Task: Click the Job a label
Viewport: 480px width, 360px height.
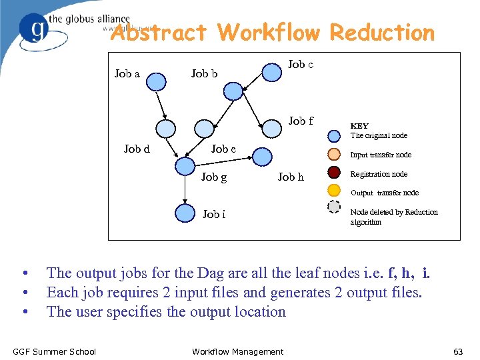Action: pyautogui.click(x=127, y=73)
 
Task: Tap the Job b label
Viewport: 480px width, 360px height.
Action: pyautogui.click(x=204, y=73)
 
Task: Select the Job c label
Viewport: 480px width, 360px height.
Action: pyautogui.click(x=301, y=64)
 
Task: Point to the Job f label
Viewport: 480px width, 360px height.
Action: pyautogui.click(x=301, y=121)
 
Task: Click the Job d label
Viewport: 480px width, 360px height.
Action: pyautogui.click(x=137, y=149)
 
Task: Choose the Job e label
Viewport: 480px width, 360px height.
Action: pyautogui.click(x=223, y=149)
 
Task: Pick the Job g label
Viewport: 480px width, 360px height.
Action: pyautogui.click(x=214, y=177)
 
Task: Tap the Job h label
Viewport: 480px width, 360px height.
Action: pyautogui.click(x=291, y=177)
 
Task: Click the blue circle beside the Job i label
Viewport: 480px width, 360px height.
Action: pyautogui.click(x=185, y=213)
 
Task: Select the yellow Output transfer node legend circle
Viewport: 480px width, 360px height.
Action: pyautogui.click(x=335, y=189)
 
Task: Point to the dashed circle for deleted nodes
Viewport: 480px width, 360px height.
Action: pyautogui.click(x=335, y=206)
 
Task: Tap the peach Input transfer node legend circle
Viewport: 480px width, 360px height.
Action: pyautogui.click(x=335, y=155)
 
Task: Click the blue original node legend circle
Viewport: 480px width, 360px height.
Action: pyautogui.click(x=335, y=137)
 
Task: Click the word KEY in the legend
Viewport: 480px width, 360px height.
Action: pyautogui.click(x=359, y=126)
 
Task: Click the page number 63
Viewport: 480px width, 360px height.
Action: pyautogui.click(x=458, y=351)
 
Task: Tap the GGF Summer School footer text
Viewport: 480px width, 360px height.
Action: pyautogui.click(x=54, y=351)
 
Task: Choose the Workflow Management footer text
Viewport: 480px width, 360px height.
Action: pyautogui.click(x=237, y=351)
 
